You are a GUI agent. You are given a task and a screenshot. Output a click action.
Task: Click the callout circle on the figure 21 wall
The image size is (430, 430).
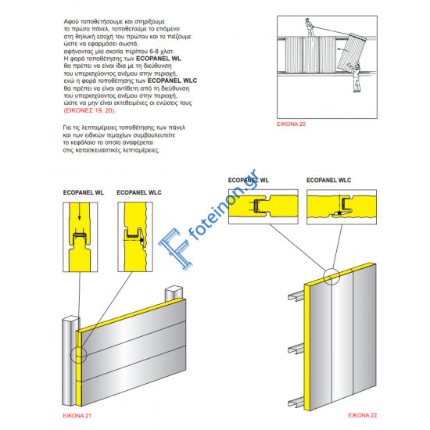[79, 355]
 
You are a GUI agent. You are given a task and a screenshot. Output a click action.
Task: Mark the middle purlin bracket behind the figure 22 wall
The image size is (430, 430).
[292, 346]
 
